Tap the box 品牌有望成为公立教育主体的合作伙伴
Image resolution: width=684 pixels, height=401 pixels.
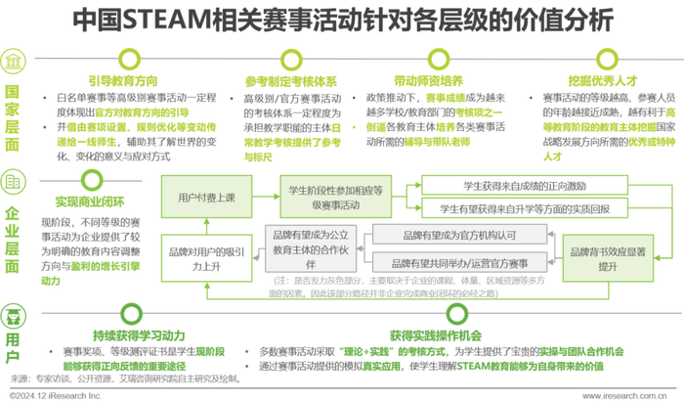tap(313, 249)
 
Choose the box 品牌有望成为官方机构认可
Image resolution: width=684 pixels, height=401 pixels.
tap(458, 235)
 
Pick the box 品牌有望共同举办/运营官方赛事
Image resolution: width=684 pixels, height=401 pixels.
tap(458, 263)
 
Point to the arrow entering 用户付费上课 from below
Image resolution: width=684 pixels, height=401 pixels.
tap(204, 224)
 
